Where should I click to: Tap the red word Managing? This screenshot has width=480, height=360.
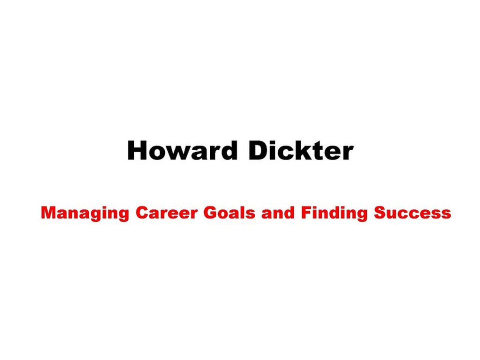pyautogui.click(x=85, y=213)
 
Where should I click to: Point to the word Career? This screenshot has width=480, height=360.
pyautogui.click(x=167, y=213)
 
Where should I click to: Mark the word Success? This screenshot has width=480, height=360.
pyautogui.click(x=412, y=213)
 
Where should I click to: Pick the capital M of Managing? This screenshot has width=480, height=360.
pyautogui.click(x=48, y=213)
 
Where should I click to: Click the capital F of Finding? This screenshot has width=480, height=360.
pyautogui.click(x=305, y=213)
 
